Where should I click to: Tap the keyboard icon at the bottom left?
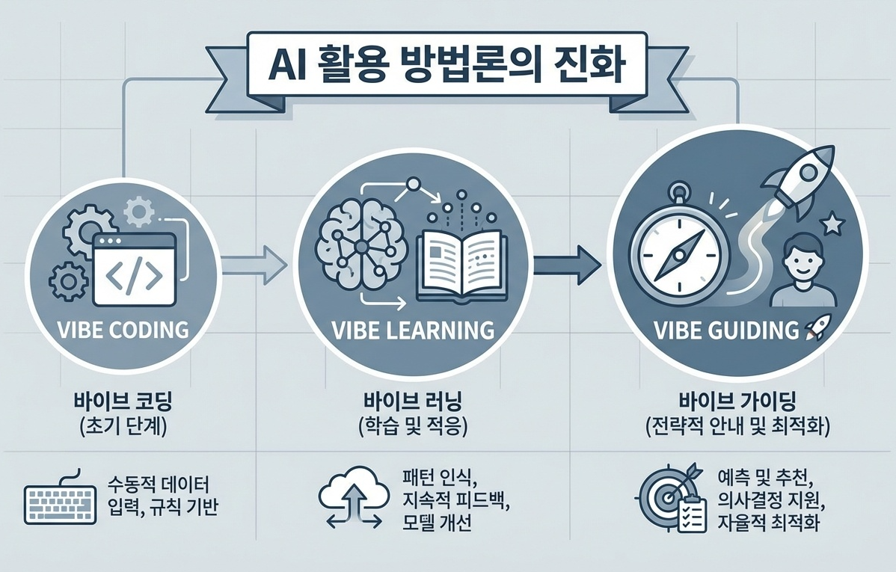tap(60, 501)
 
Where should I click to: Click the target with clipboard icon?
tap(669, 497)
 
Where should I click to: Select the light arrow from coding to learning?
tap(255, 264)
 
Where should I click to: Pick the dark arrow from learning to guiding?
tap(568, 264)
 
